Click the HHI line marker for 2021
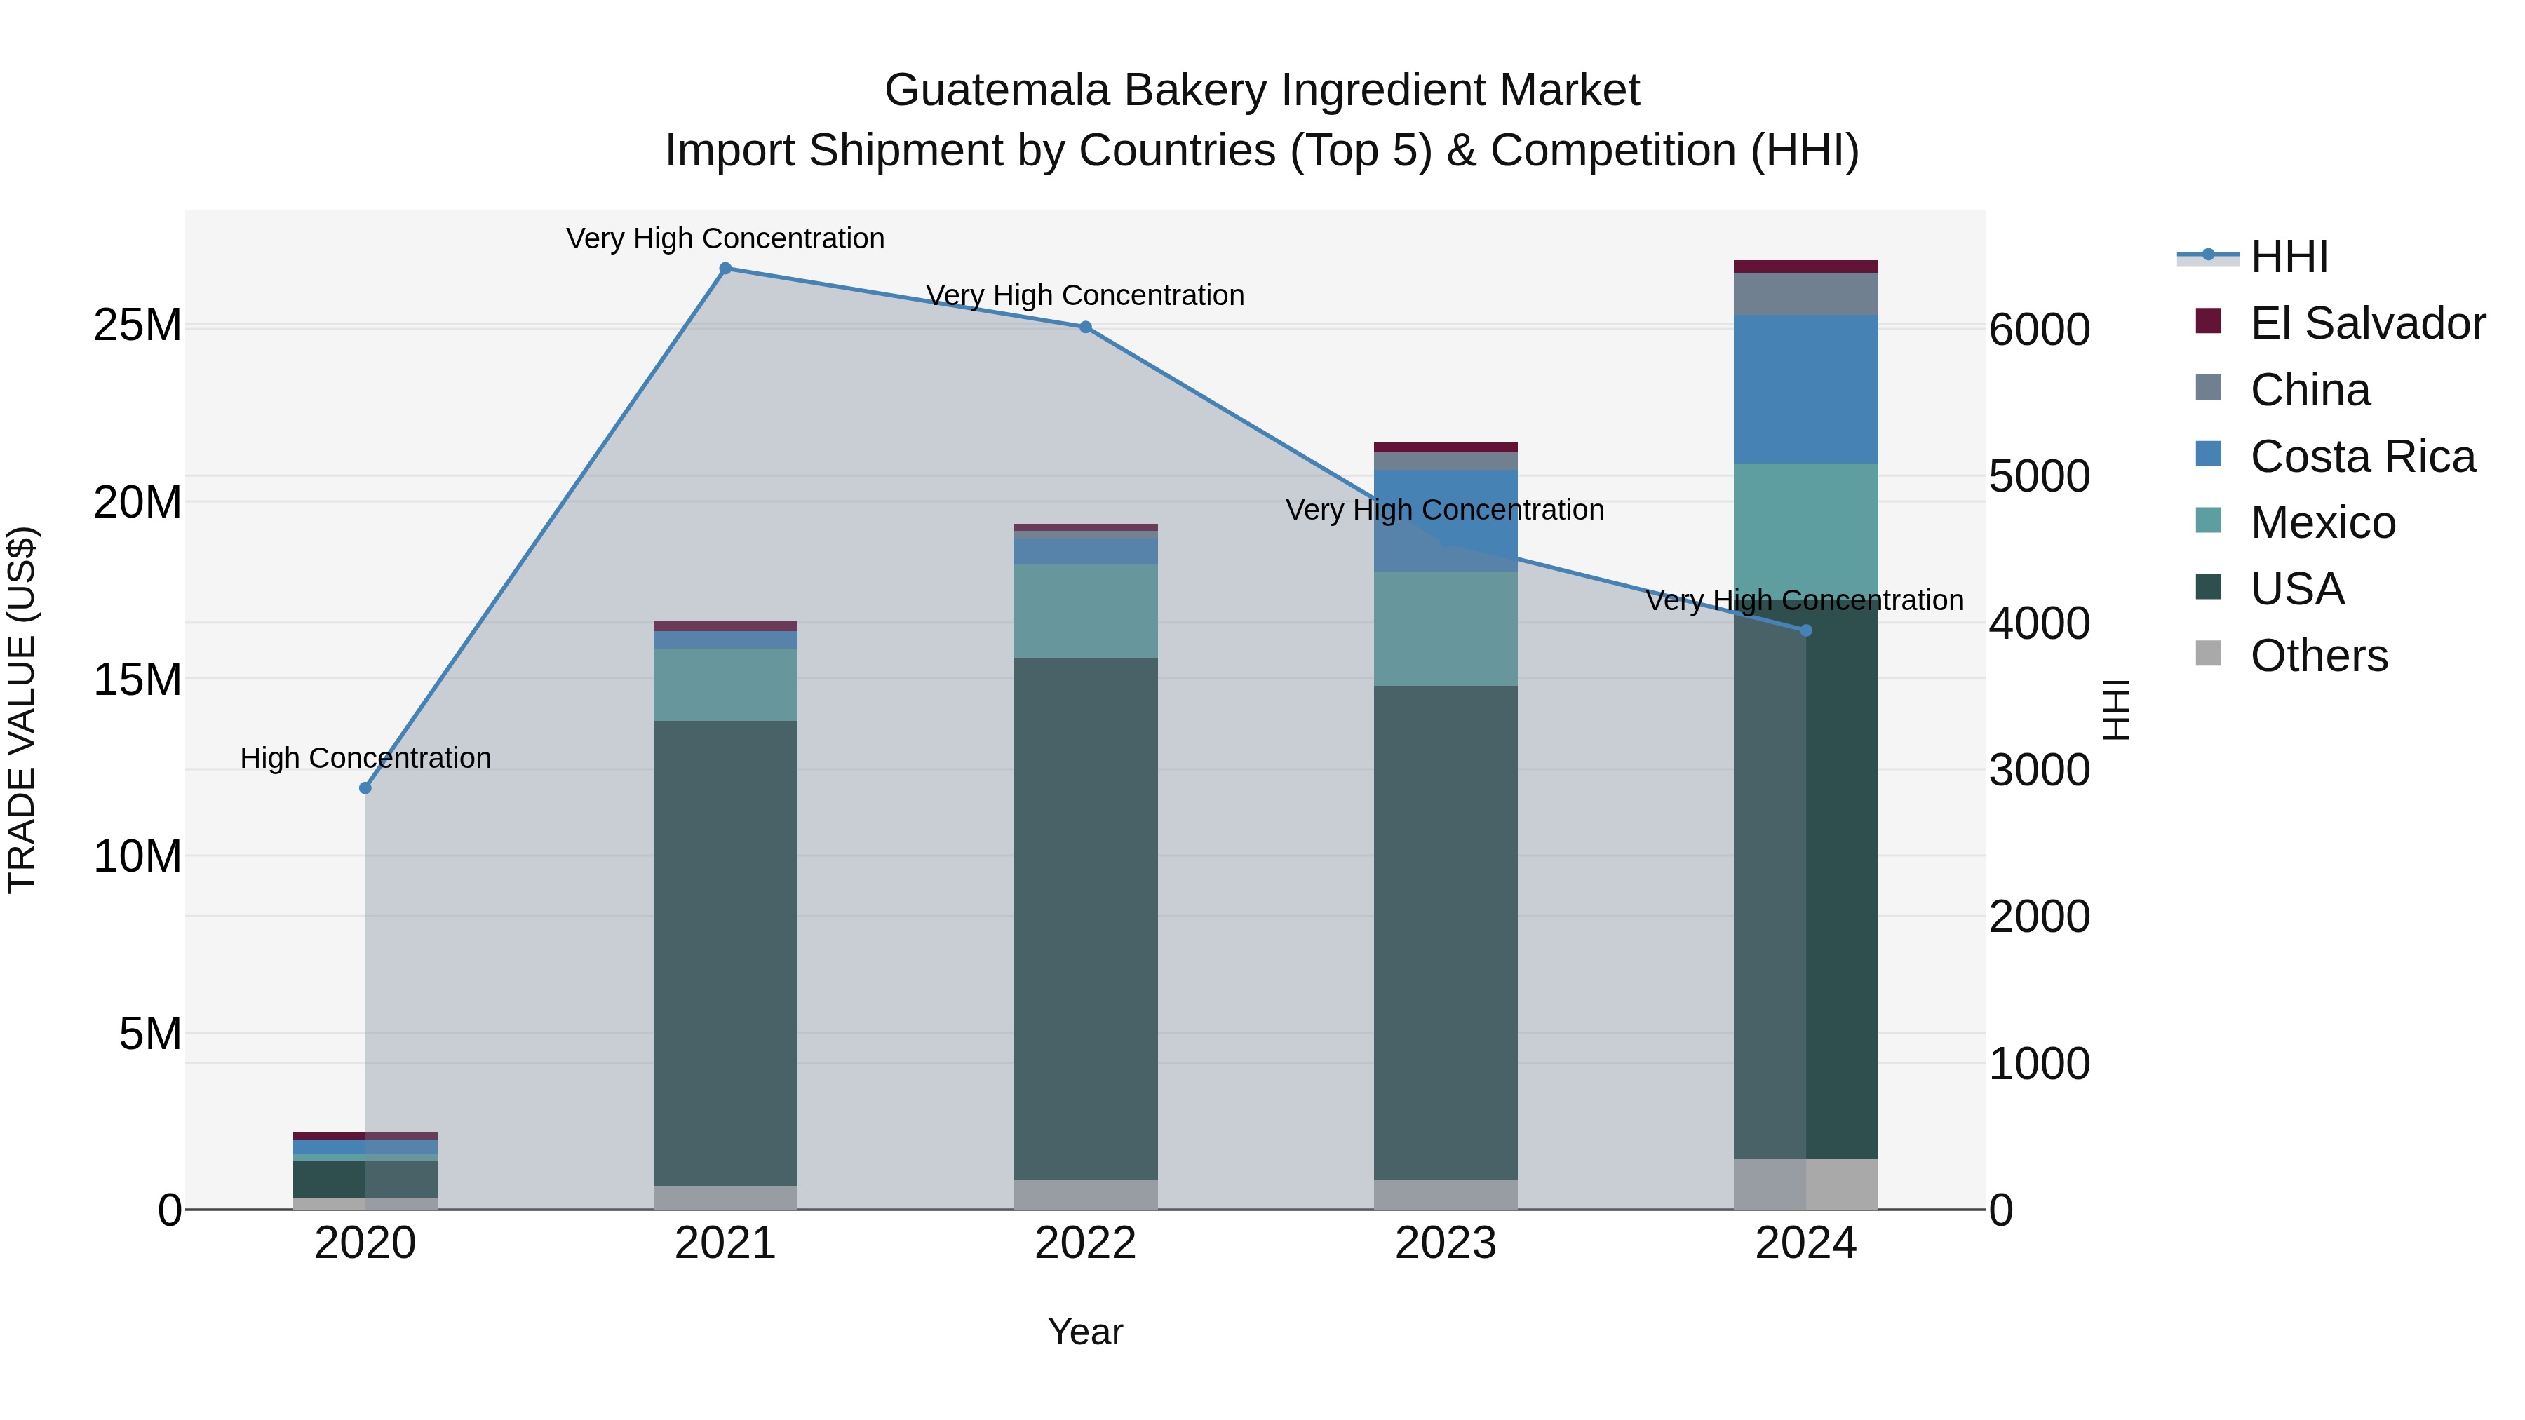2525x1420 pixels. coord(725,269)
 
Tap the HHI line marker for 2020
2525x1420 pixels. coord(365,788)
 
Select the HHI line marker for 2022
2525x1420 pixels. coord(1085,327)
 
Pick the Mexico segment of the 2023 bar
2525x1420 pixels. coord(1446,628)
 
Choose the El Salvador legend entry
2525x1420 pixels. coord(2367,323)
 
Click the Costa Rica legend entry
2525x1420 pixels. coord(2362,457)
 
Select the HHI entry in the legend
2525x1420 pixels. coord(2289,257)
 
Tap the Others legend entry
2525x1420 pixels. coord(2318,656)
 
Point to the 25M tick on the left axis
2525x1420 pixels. coord(137,325)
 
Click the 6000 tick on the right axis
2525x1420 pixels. coord(2039,330)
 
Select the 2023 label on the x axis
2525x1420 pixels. coord(1446,1243)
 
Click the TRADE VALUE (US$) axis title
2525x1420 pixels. coord(22,710)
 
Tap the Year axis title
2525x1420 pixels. coord(1085,1332)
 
